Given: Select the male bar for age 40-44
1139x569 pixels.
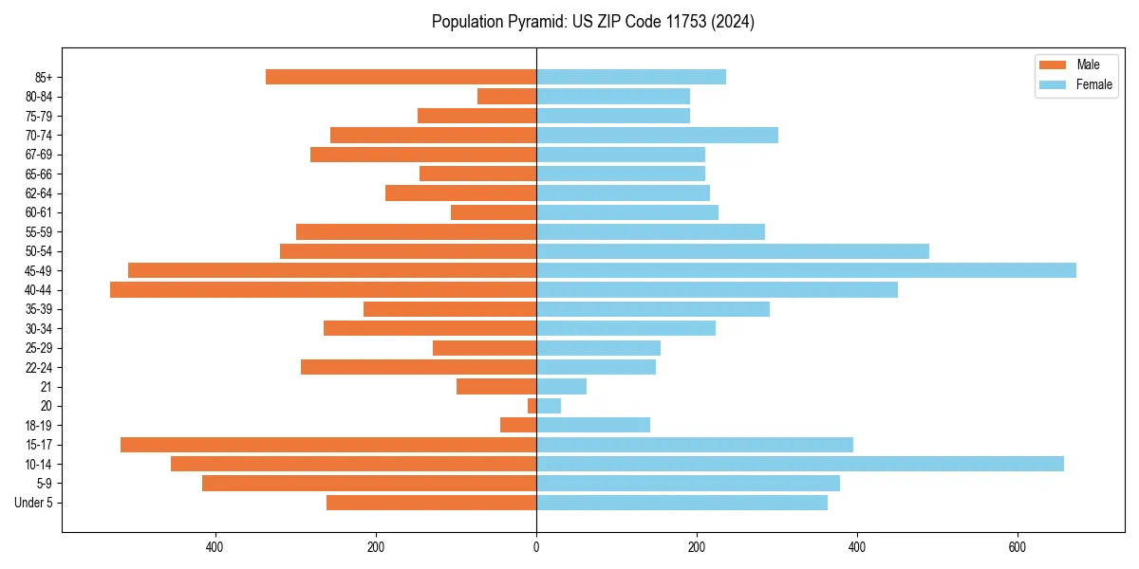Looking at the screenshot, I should click(x=323, y=290).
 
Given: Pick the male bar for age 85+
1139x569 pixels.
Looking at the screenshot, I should click(x=401, y=77).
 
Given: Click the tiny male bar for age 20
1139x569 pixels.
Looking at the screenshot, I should click(x=532, y=406).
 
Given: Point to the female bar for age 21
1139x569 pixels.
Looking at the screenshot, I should click(x=561, y=386).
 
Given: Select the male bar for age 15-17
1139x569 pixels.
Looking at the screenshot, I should click(x=328, y=445).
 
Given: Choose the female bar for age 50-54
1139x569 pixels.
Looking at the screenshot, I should click(x=732, y=251).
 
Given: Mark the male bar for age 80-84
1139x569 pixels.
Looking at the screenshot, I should click(x=507, y=96).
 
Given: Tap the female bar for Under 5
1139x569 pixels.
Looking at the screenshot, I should click(x=682, y=503).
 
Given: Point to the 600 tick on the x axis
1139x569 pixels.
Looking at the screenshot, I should click(x=1018, y=547).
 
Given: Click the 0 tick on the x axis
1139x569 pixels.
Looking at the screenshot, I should click(x=536, y=547).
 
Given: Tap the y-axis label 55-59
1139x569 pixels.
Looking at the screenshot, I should click(x=38, y=232).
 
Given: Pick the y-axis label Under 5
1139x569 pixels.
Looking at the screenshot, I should click(x=34, y=503).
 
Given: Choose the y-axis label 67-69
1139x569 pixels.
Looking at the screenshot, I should click(x=38, y=155).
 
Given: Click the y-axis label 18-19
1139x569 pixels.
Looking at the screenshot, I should click(x=38, y=425).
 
